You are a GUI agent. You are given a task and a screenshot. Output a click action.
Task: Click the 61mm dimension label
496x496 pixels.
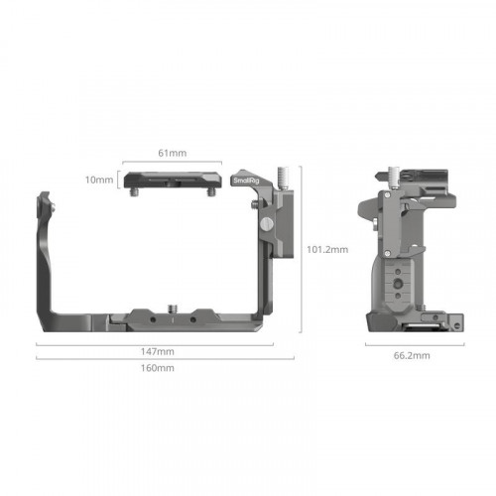coord(173,153)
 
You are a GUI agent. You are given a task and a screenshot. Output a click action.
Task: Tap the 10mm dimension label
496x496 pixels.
coord(99,180)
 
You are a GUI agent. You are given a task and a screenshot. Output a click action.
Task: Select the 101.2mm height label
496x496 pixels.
coord(327,249)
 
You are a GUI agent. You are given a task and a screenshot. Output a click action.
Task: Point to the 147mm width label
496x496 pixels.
coord(158,351)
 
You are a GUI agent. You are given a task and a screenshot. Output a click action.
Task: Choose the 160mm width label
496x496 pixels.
coord(158,368)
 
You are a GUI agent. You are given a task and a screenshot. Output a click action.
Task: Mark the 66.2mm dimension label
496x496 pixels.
coord(412,355)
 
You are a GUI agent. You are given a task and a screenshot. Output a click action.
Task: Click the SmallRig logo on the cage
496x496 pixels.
coord(246,181)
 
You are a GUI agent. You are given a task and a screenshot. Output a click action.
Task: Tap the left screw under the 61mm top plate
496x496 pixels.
coord(134,192)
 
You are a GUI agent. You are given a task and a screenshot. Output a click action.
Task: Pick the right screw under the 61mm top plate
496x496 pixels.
coord(211,192)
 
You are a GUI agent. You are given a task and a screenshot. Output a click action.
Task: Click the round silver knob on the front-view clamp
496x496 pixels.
coord(267,224)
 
